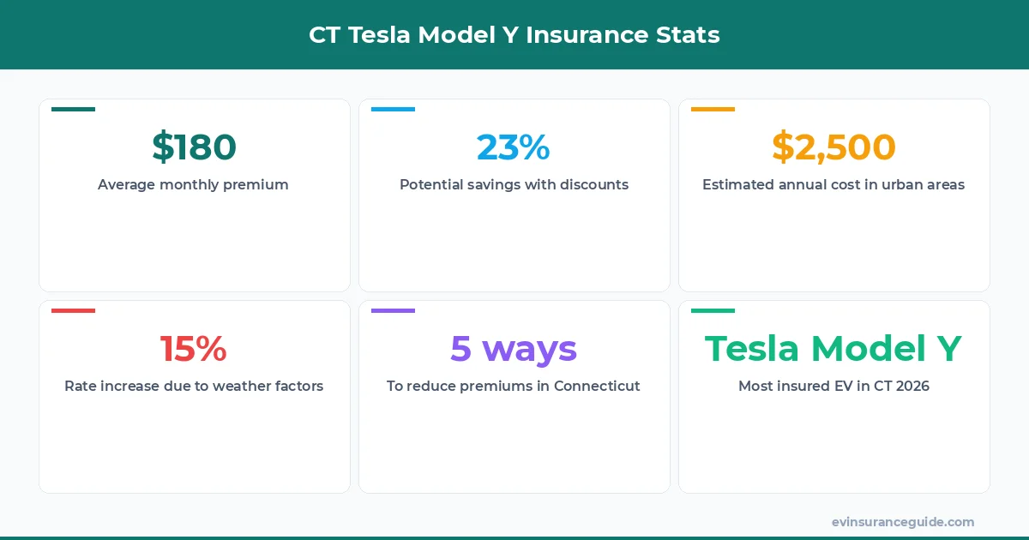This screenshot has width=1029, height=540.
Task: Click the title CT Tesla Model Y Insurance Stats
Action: pyautogui.click(x=514, y=35)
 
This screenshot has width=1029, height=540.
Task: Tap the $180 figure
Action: pyautogui.click(x=194, y=147)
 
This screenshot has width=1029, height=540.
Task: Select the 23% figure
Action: pyautogui.click(x=514, y=147)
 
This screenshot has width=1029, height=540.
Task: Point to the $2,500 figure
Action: pyautogui.click(x=833, y=147)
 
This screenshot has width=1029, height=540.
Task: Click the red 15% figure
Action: pyautogui.click(x=194, y=349)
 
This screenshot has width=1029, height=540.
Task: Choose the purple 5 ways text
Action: pyautogui.click(x=514, y=349)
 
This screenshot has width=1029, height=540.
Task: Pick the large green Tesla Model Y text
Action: pyautogui.click(x=833, y=349)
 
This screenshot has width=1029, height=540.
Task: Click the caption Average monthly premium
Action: pyautogui.click(x=193, y=184)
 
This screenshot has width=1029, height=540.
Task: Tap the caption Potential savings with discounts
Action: pyautogui.click(x=514, y=184)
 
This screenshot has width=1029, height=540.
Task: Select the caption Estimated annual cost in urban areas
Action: pyautogui.click(x=833, y=184)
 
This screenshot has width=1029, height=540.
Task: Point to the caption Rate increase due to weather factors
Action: pyautogui.click(x=194, y=386)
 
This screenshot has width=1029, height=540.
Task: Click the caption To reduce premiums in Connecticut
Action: pyautogui.click(x=514, y=386)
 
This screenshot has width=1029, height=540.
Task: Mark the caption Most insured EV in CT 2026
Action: pyautogui.click(x=833, y=386)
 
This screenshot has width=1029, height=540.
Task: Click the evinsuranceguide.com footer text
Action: pyautogui.click(x=903, y=522)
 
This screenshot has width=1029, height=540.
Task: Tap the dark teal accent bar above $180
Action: pyautogui.click(x=73, y=110)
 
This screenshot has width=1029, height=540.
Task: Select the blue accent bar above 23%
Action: pyautogui.click(x=393, y=110)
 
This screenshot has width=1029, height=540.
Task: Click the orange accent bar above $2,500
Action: pyautogui.click(x=713, y=110)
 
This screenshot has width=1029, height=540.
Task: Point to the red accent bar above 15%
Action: pyautogui.click(x=73, y=310)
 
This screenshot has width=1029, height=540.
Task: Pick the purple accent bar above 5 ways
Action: pyautogui.click(x=393, y=310)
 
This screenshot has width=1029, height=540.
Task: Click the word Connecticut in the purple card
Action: pyautogui.click(x=597, y=386)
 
